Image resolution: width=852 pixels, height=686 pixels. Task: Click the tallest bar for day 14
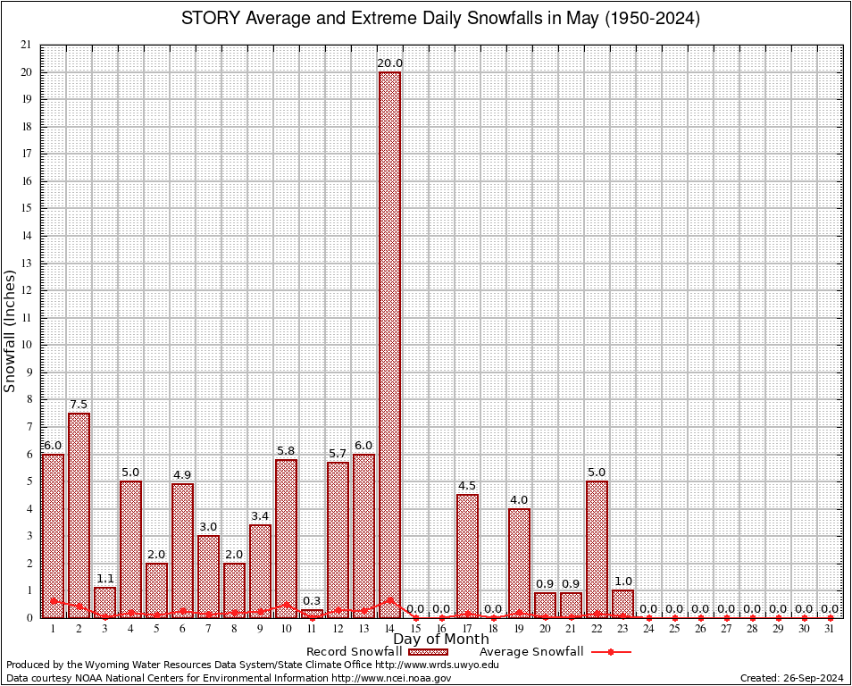(389, 344)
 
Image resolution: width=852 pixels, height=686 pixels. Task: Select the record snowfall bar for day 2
(79, 514)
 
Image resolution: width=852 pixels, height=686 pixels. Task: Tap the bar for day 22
(597, 548)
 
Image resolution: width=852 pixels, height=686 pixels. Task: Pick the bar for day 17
(467, 556)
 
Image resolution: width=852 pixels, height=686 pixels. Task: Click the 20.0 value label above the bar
(389, 63)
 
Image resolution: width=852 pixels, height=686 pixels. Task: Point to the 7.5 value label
(79, 405)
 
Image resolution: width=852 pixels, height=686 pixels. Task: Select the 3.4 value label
(260, 516)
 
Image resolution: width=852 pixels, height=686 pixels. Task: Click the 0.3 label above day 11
(312, 601)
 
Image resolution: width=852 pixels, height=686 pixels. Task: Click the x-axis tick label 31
(830, 629)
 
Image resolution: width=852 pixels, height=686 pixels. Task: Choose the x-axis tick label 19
(519, 629)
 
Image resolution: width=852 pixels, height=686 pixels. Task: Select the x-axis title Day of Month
(441, 640)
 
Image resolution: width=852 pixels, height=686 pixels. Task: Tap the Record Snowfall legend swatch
(427, 652)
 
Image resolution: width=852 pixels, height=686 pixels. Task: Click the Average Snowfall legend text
(531, 652)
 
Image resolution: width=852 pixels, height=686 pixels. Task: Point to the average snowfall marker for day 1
(53, 601)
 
